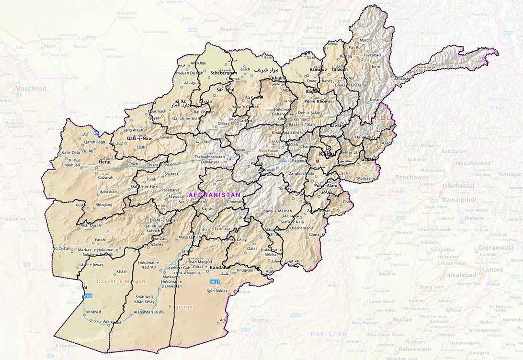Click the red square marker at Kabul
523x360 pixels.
(x=317, y=160)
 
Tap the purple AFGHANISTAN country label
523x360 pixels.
(x=215, y=195)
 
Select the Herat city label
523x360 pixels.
(x=104, y=162)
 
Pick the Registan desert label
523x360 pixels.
(x=180, y=307)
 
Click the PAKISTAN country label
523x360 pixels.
(x=329, y=333)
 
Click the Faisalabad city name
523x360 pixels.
(x=459, y=275)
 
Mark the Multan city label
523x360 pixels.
(x=402, y=319)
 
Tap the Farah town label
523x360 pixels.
(x=100, y=239)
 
